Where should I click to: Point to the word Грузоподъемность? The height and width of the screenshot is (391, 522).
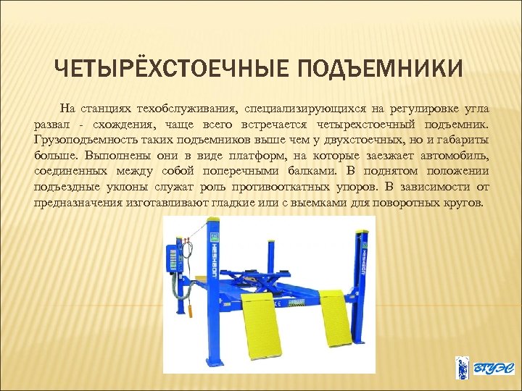[x=80, y=140]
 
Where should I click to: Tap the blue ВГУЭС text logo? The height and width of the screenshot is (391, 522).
[x=488, y=368]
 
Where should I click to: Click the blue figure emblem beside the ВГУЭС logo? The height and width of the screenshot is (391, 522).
[x=461, y=368]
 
